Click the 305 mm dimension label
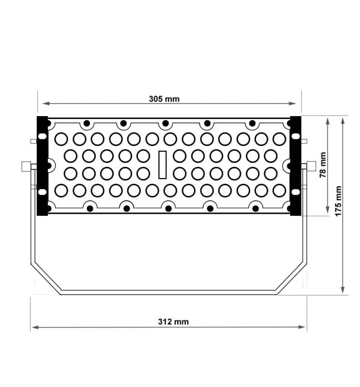point(164,99)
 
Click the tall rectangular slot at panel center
point(163,164)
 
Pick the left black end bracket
point(43,165)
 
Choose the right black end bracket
point(295,165)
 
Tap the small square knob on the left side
point(26,166)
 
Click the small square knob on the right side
point(311,166)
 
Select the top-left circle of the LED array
point(61,139)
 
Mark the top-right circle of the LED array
point(279,139)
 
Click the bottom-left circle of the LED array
point(61,190)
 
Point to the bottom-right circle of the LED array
point(279,190)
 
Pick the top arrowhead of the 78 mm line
point(329,119)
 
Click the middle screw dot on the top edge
point(165,123)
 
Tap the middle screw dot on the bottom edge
point(168,208)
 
